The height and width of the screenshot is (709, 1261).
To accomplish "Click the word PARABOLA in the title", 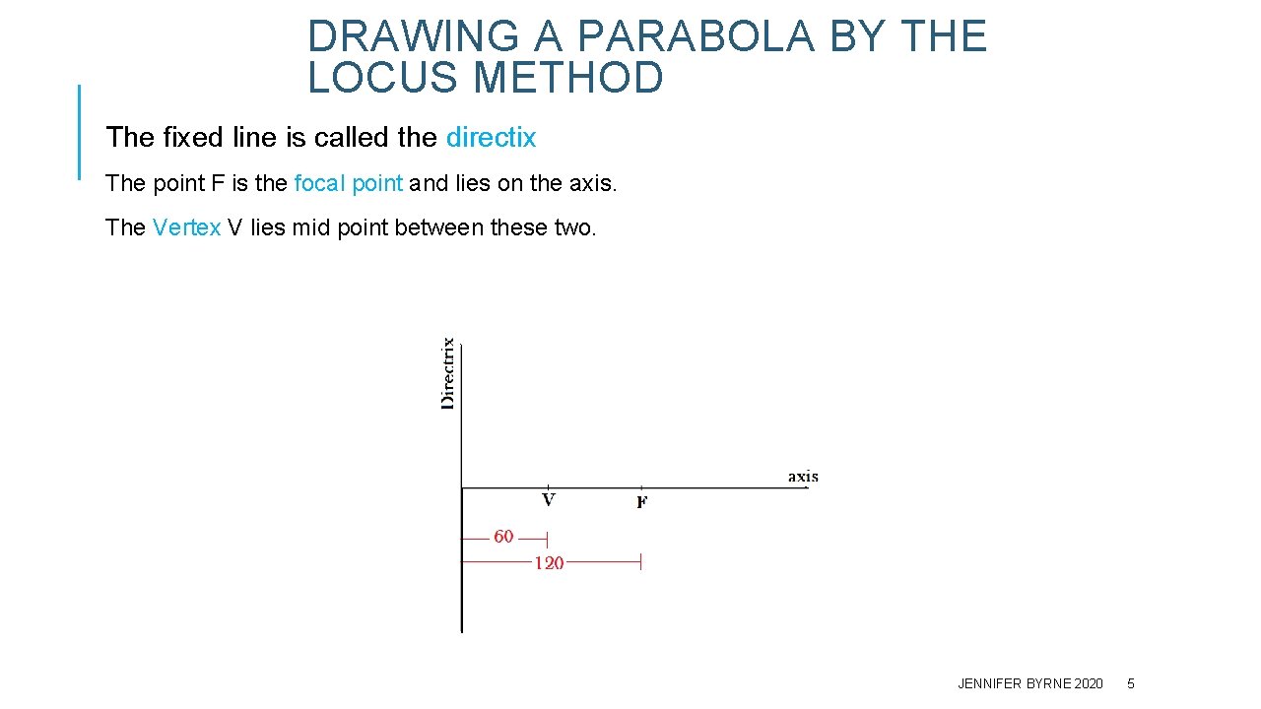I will click(x=696, y=37).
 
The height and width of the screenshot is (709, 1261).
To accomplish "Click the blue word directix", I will click(x=491, y=138).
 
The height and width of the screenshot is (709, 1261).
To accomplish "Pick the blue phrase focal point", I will click(x=349, y=183).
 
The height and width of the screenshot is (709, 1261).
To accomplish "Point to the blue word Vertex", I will click(x=187, y=227).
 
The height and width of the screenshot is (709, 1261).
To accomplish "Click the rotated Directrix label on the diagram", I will click(x=448, y=373).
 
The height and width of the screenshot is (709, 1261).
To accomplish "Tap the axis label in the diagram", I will click(x=803, y=477).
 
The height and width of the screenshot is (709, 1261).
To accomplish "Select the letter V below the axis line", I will click(x=549, y=500).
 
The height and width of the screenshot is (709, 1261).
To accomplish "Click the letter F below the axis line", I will click(x=641, y=503).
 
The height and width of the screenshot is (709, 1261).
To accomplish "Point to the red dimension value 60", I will click(x=503, y=537).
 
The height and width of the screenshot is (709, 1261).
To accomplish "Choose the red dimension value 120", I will click(x=549, y=563).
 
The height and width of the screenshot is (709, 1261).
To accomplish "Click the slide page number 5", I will click(x=1131, y=683).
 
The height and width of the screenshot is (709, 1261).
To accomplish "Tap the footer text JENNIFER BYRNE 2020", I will click(x=1030, y=683).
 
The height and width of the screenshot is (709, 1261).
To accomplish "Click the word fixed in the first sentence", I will click(x=190, y=138).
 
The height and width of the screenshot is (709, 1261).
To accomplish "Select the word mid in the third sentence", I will click(x=312, y=227).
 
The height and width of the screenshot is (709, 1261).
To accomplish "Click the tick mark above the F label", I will click(x=641, y=487).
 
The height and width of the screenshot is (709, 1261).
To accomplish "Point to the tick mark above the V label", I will click(x=548, y=487).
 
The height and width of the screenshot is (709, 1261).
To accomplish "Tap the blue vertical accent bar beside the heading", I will click(x=79, y=132).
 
